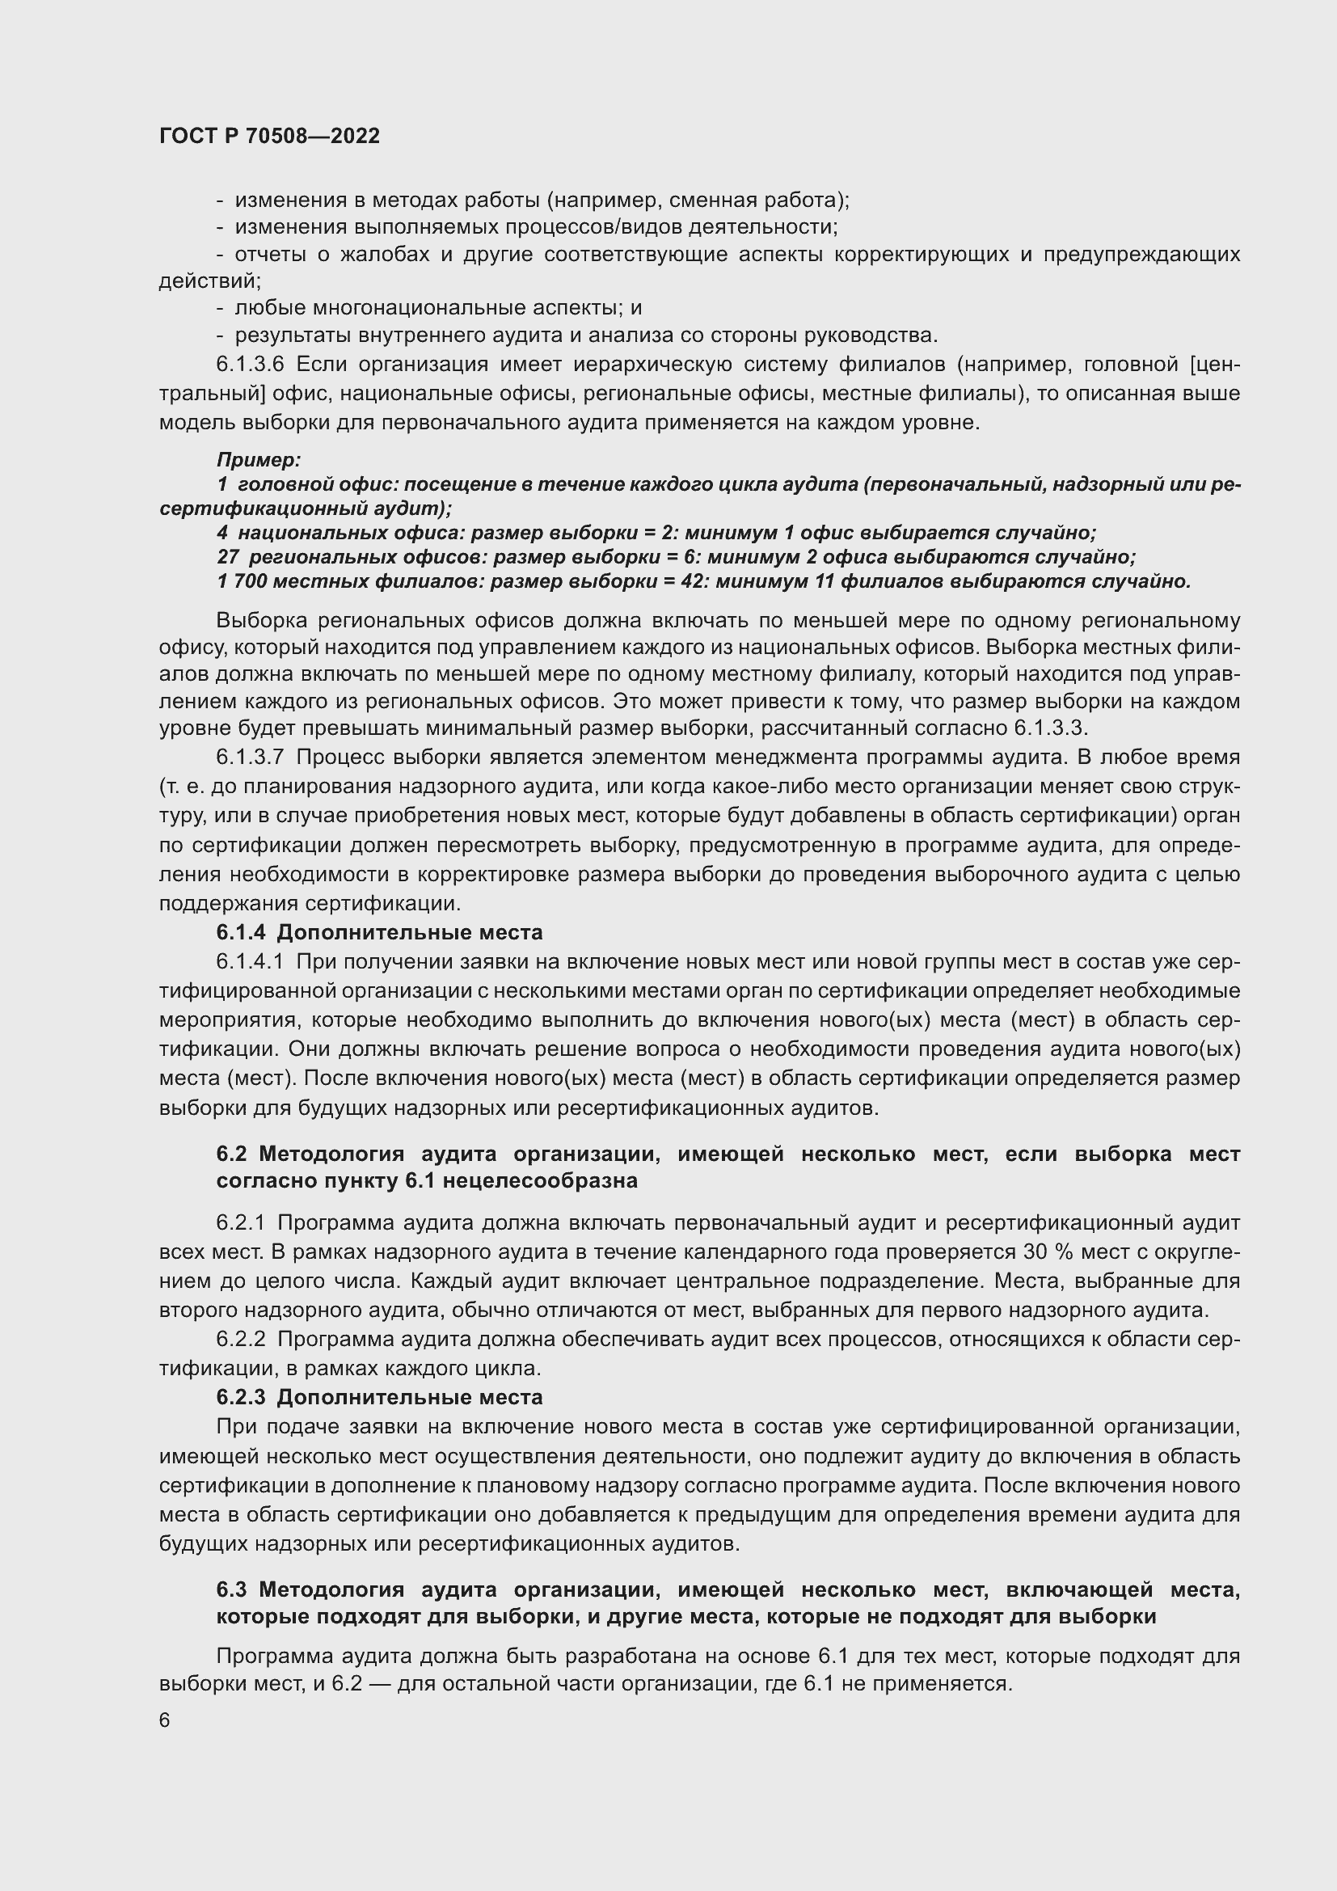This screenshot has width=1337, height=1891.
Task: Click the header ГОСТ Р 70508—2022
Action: pos(269,137)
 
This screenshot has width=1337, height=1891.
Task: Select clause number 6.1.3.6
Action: pos(250,365)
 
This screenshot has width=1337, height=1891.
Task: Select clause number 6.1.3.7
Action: pos(250,757)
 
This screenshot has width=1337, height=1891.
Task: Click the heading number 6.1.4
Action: pos(241,932)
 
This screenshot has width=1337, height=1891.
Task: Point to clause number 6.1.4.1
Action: pos(250,961)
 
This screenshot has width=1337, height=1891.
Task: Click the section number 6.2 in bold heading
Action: pos(230,1154)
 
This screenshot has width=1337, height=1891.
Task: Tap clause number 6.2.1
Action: pos(240,1223)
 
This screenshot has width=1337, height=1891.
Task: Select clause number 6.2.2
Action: pos(240,1339)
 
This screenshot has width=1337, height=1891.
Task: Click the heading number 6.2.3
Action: pos(241,1397)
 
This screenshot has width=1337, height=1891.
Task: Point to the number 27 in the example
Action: pos(228,558)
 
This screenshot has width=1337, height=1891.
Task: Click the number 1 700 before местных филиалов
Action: pos(241,581)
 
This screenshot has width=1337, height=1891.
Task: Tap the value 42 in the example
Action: pos(694,581)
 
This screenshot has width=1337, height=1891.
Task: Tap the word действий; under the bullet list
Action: pos(210,281)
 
